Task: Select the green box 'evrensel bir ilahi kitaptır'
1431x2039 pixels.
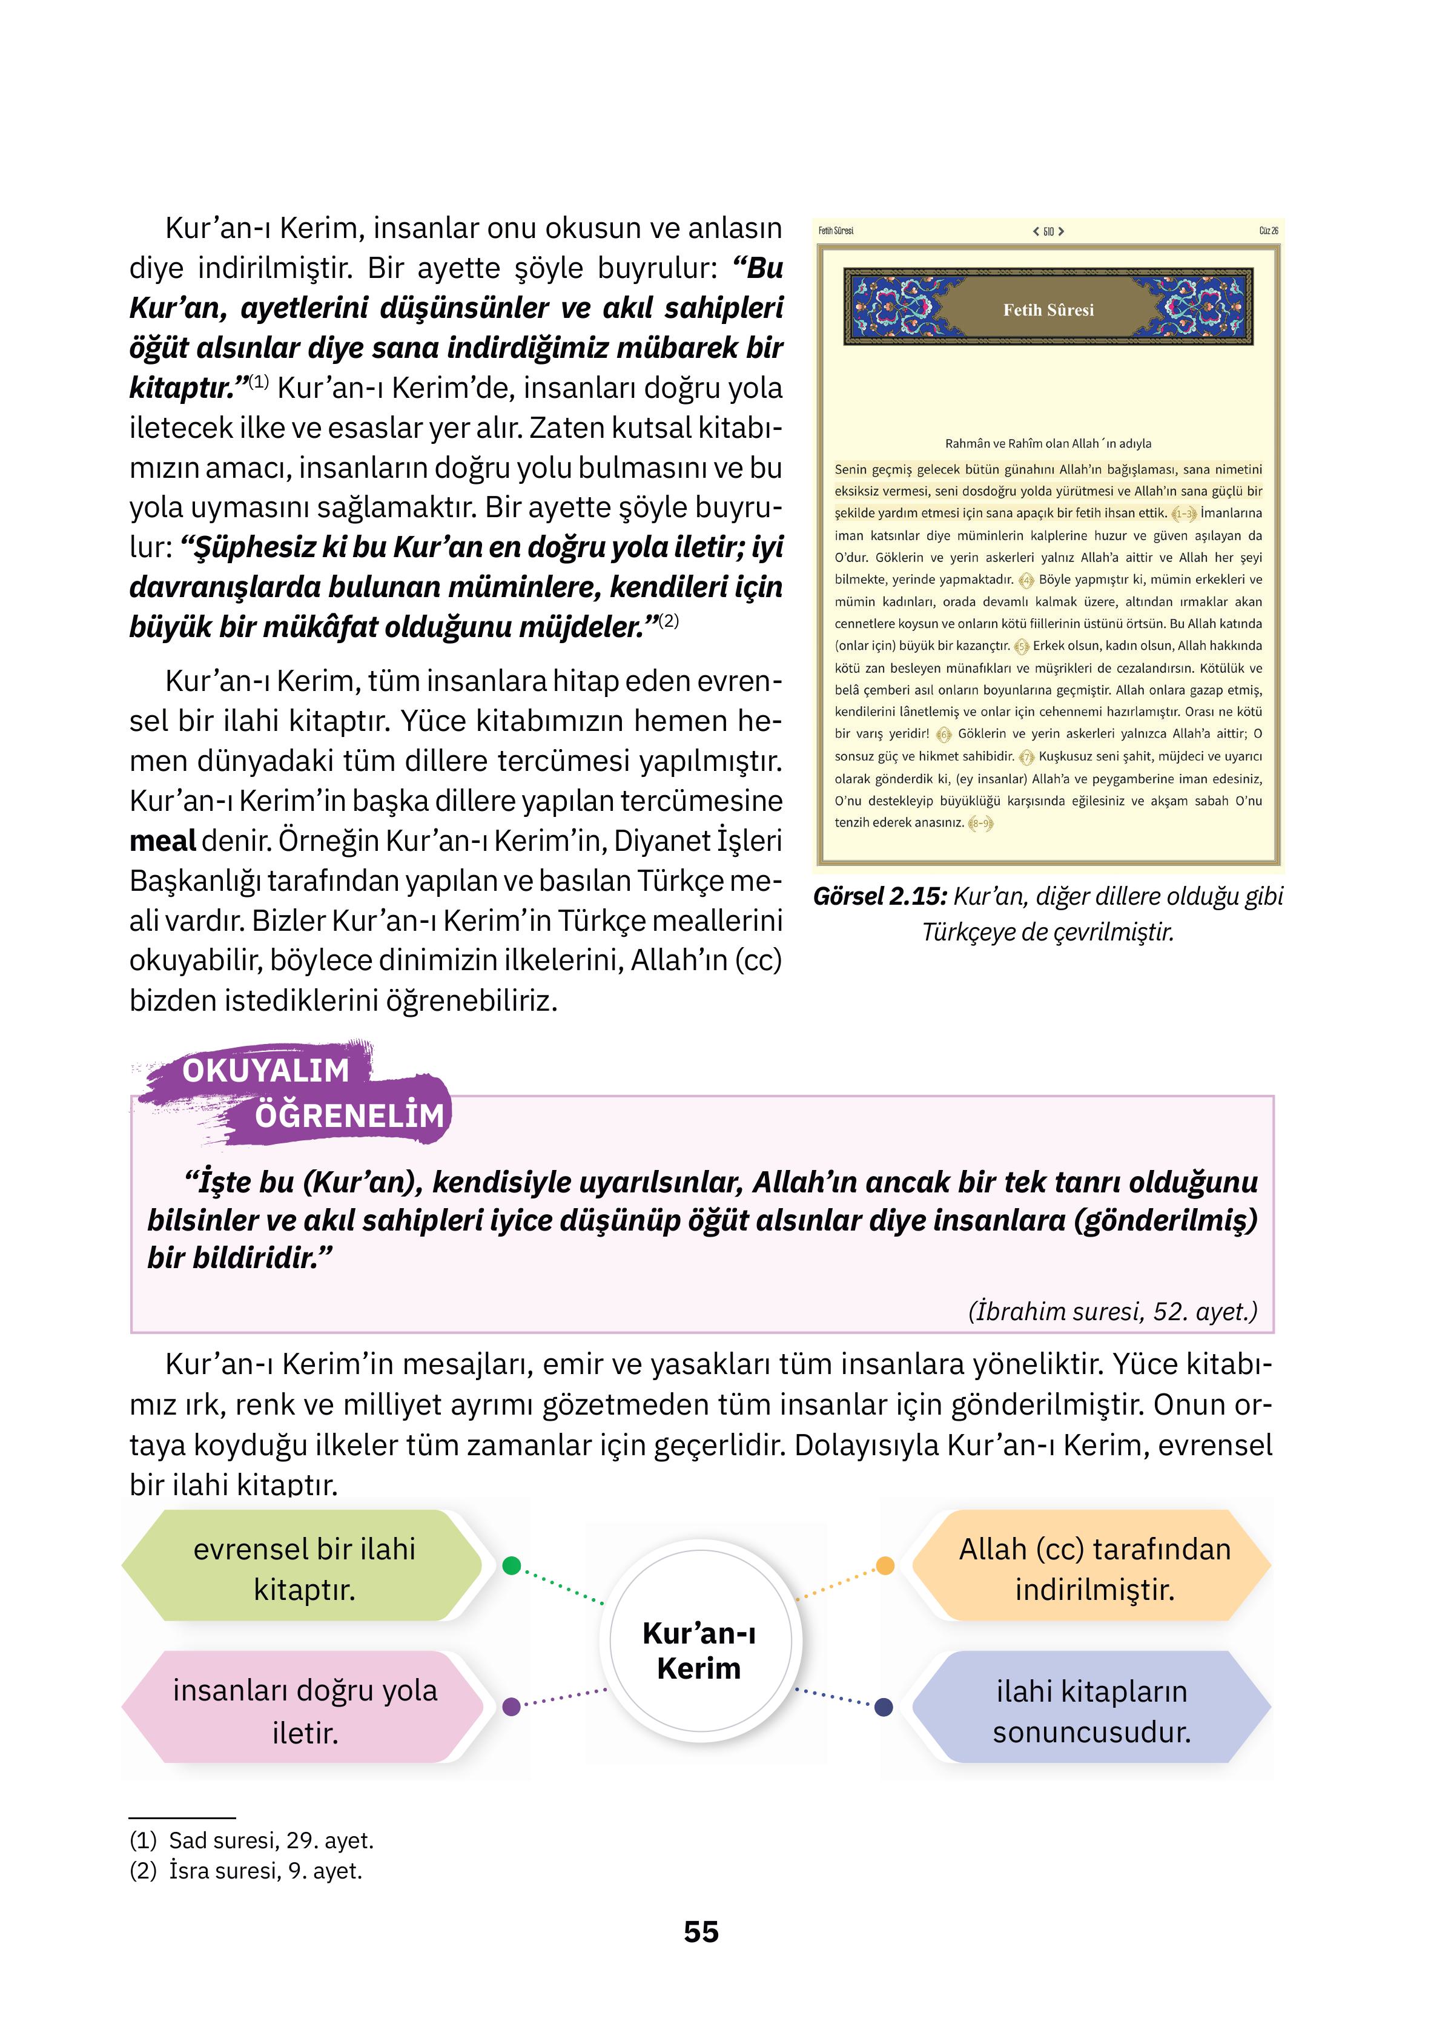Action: pos(304,1568)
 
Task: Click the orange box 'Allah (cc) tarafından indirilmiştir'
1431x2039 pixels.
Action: pos(1094,1568)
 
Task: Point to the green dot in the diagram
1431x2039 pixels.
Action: pos(511,1565)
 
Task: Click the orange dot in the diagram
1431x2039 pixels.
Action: pos(885,1565)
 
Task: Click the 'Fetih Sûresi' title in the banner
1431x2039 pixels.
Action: pos(1048,310)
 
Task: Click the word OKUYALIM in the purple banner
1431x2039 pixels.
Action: pos(266,1071)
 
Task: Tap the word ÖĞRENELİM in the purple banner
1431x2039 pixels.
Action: pos(349,1115)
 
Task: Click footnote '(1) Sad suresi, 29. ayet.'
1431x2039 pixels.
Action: pos(251,1839)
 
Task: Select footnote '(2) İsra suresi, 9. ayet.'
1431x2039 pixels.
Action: pos(246,1870)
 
